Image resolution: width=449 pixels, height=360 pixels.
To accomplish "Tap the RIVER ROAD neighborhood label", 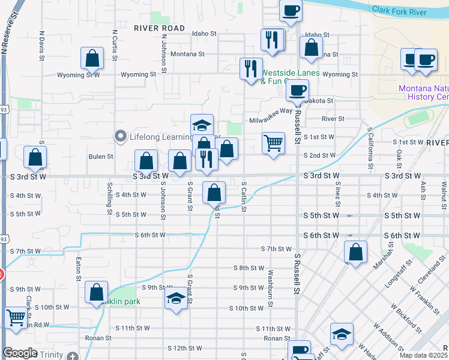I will click(160, 28).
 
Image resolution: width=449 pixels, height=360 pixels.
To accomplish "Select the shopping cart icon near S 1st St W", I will click(273, 143).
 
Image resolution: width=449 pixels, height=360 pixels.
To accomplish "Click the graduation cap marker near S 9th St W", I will click(175, 298).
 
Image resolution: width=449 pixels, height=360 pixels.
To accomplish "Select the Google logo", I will click(20, 353).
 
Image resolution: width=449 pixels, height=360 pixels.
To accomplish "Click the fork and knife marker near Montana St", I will click(272, 40).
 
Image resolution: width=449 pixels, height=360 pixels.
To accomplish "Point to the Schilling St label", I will click(110, 198).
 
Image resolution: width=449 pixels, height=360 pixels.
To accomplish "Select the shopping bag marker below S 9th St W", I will click(96, 293).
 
